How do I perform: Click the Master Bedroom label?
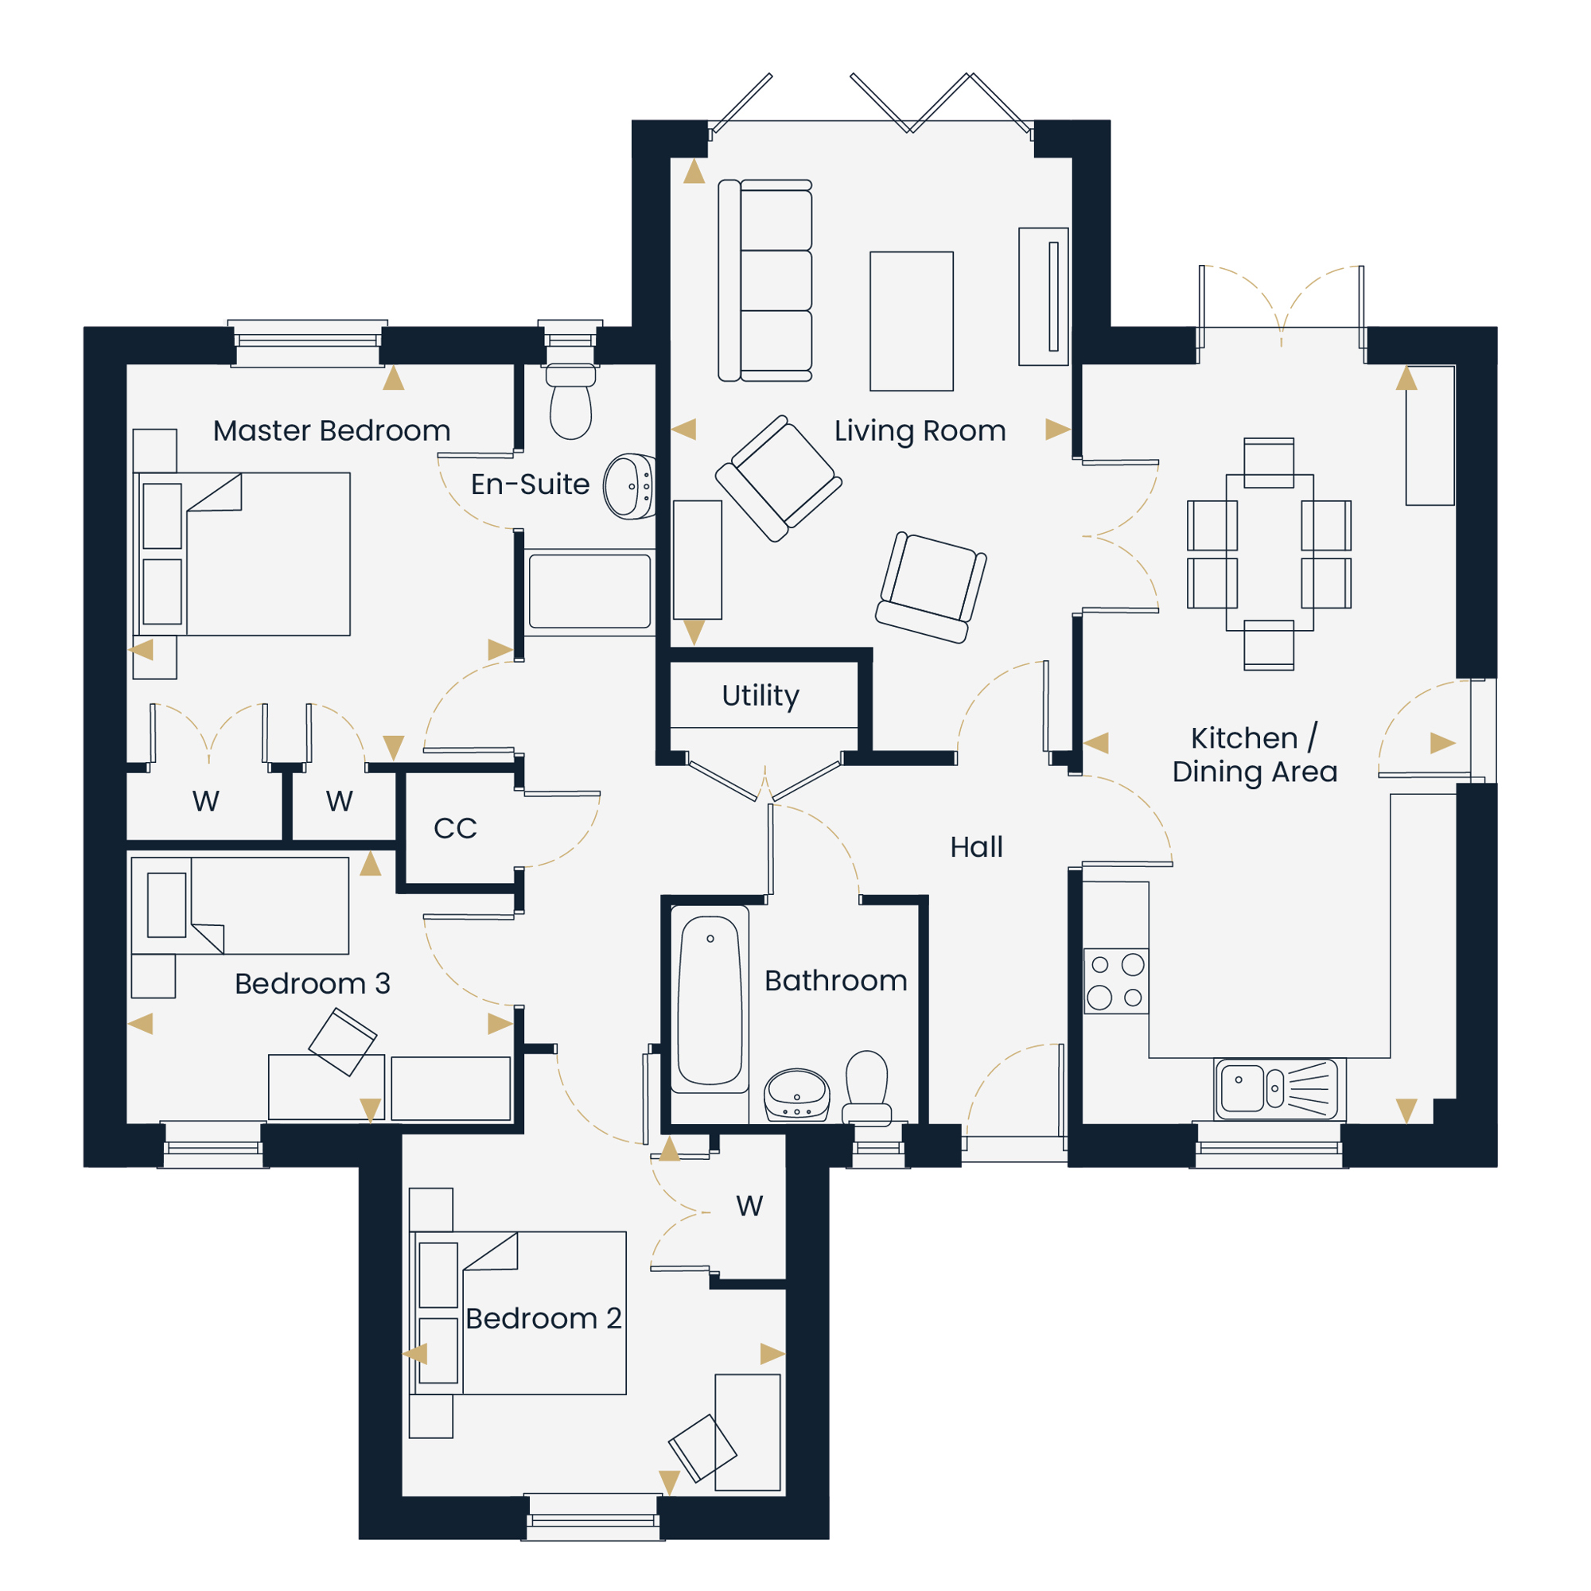click(332, 430)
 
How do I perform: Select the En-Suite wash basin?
click(630, 486)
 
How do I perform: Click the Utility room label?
click(760, 696)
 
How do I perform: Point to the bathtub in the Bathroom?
click(710, 1001)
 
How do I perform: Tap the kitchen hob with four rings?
click(1116, 981)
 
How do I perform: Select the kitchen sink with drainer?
click(1276, 1089)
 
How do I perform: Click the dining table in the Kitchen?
click(1269, 553)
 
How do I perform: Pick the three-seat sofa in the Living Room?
click(765, 281)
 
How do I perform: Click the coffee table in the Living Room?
click(912, 321)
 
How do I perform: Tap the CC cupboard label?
click(455, 828)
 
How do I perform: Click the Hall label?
click(977, 846)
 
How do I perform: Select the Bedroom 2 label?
click(543, 1318)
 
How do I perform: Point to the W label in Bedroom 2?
click(749, 1207)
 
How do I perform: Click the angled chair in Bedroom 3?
click(343, 1043)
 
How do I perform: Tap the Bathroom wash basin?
click(796, 1095)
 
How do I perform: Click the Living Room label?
click(920, 430)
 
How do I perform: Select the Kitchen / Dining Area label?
click(1255, 754)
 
